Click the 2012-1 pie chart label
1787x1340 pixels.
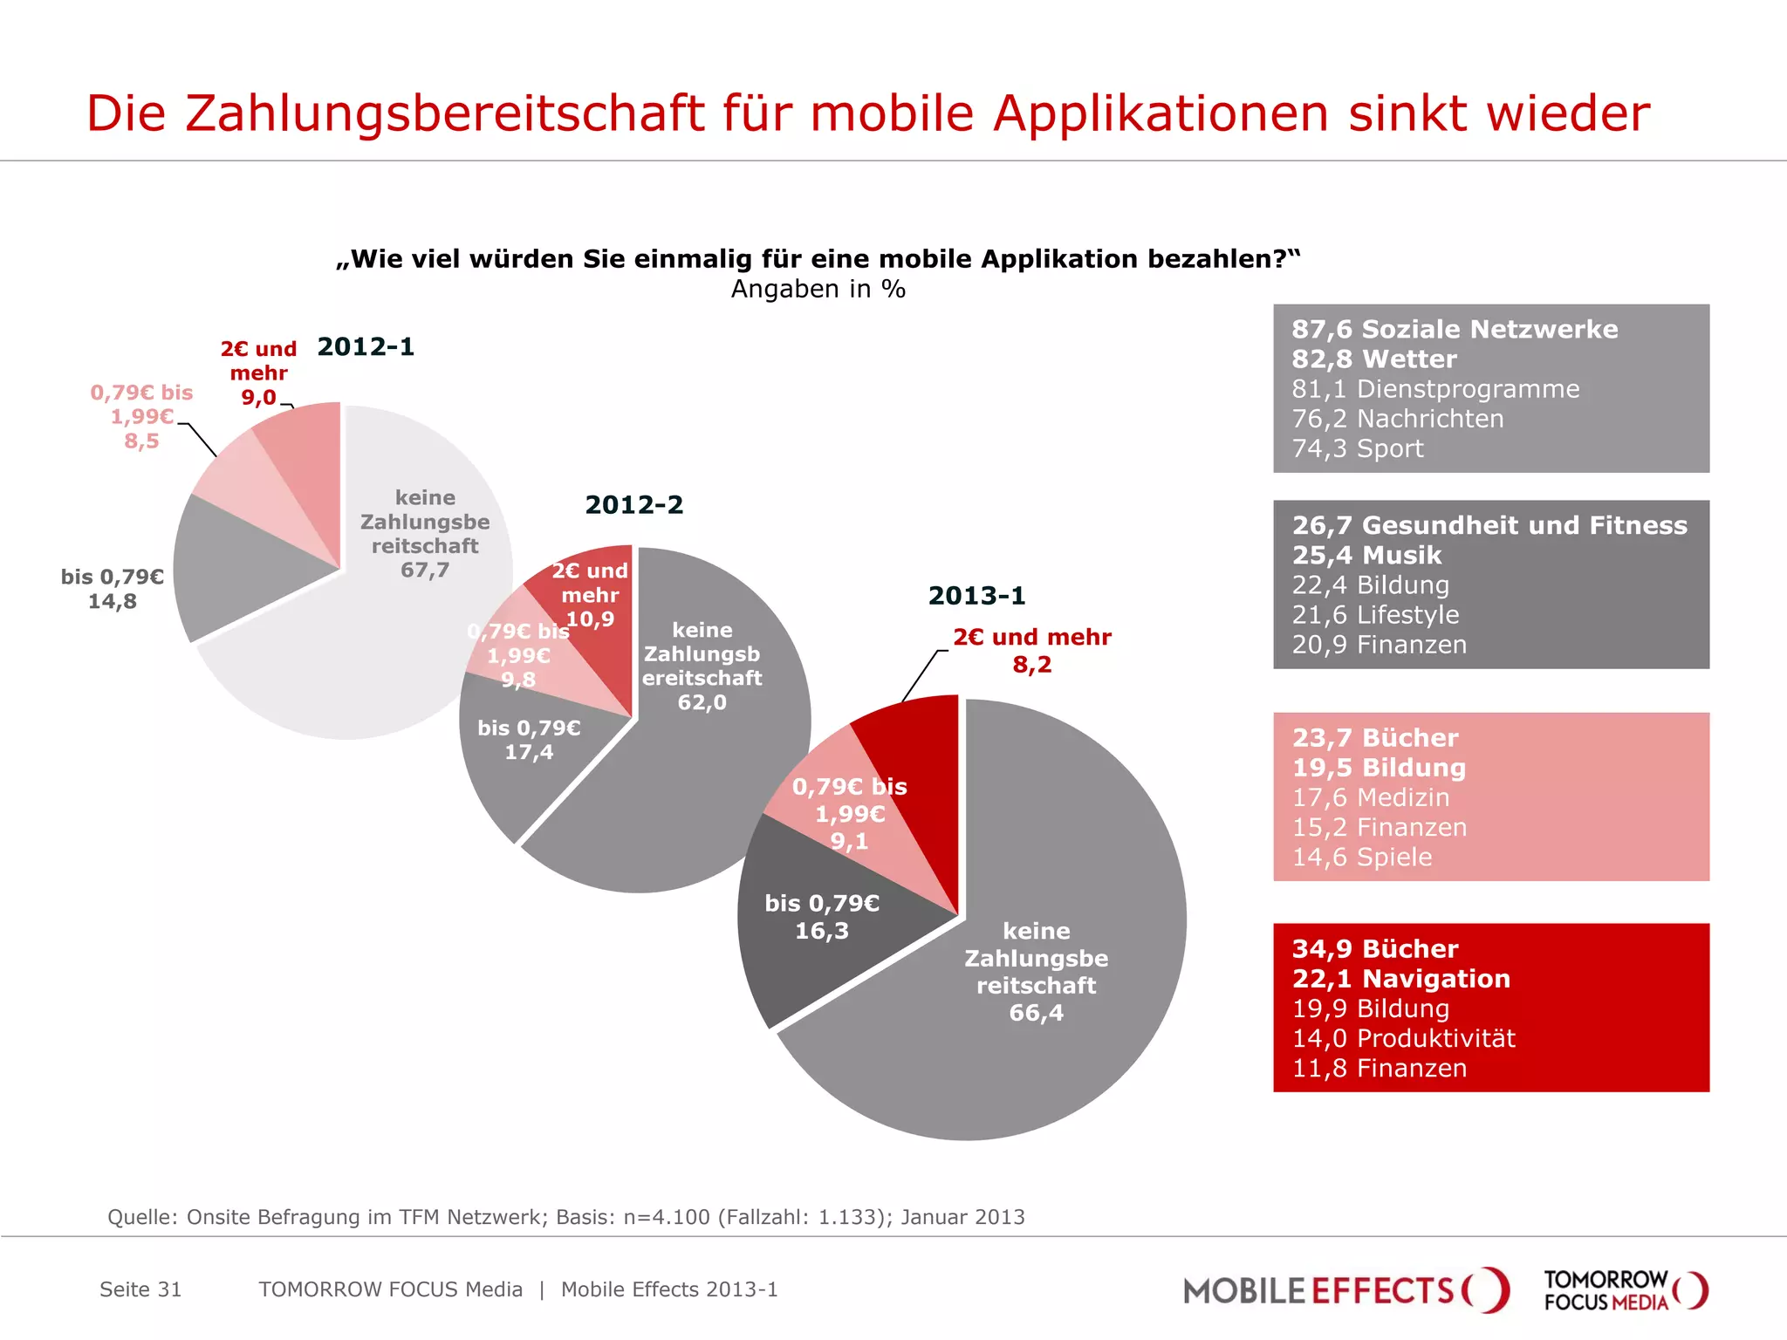(366, 347)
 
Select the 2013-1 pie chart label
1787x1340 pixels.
(976, 596)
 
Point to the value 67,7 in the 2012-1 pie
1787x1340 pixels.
(425, 571)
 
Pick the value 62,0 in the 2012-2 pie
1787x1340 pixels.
(702, 702)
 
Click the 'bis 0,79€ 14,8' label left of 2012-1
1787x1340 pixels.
(112, 589)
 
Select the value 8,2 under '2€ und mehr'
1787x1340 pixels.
(1031, 665)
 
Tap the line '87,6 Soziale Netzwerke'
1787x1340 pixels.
(1455, 330)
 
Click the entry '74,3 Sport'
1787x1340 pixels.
(1358, 448)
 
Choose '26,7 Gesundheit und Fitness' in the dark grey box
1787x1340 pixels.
(1489, 525)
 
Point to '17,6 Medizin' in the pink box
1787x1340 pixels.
(1371, 797)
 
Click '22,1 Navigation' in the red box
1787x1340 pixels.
(1400, 979)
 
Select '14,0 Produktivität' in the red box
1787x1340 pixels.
(1403, 1038)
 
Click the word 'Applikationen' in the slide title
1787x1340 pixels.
(1161, 113)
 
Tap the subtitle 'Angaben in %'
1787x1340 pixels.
(818, 289)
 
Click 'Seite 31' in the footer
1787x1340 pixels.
(140, 1289)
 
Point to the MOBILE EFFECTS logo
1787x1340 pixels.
(1345, 1290)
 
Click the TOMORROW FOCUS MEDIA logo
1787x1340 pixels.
(1625, 1290)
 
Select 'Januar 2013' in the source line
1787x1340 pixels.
(962, 1217)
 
